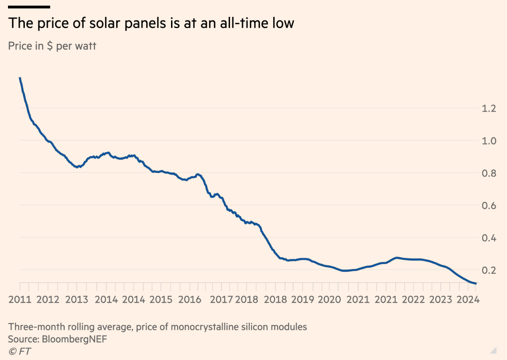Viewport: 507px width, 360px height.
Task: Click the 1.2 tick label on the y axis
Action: point(489,108)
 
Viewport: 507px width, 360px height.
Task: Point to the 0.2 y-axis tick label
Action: point(489,270)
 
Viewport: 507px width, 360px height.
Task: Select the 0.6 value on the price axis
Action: point(489,205)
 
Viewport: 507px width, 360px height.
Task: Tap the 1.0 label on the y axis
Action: point(489,141)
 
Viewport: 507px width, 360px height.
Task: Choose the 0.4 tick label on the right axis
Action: point(489,238)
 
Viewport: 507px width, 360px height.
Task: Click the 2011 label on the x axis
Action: point(20,300)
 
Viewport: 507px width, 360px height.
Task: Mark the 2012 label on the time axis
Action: point(48,300)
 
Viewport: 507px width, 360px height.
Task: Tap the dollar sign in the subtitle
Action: point(49,46)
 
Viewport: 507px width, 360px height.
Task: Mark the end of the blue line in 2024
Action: point(476,284)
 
